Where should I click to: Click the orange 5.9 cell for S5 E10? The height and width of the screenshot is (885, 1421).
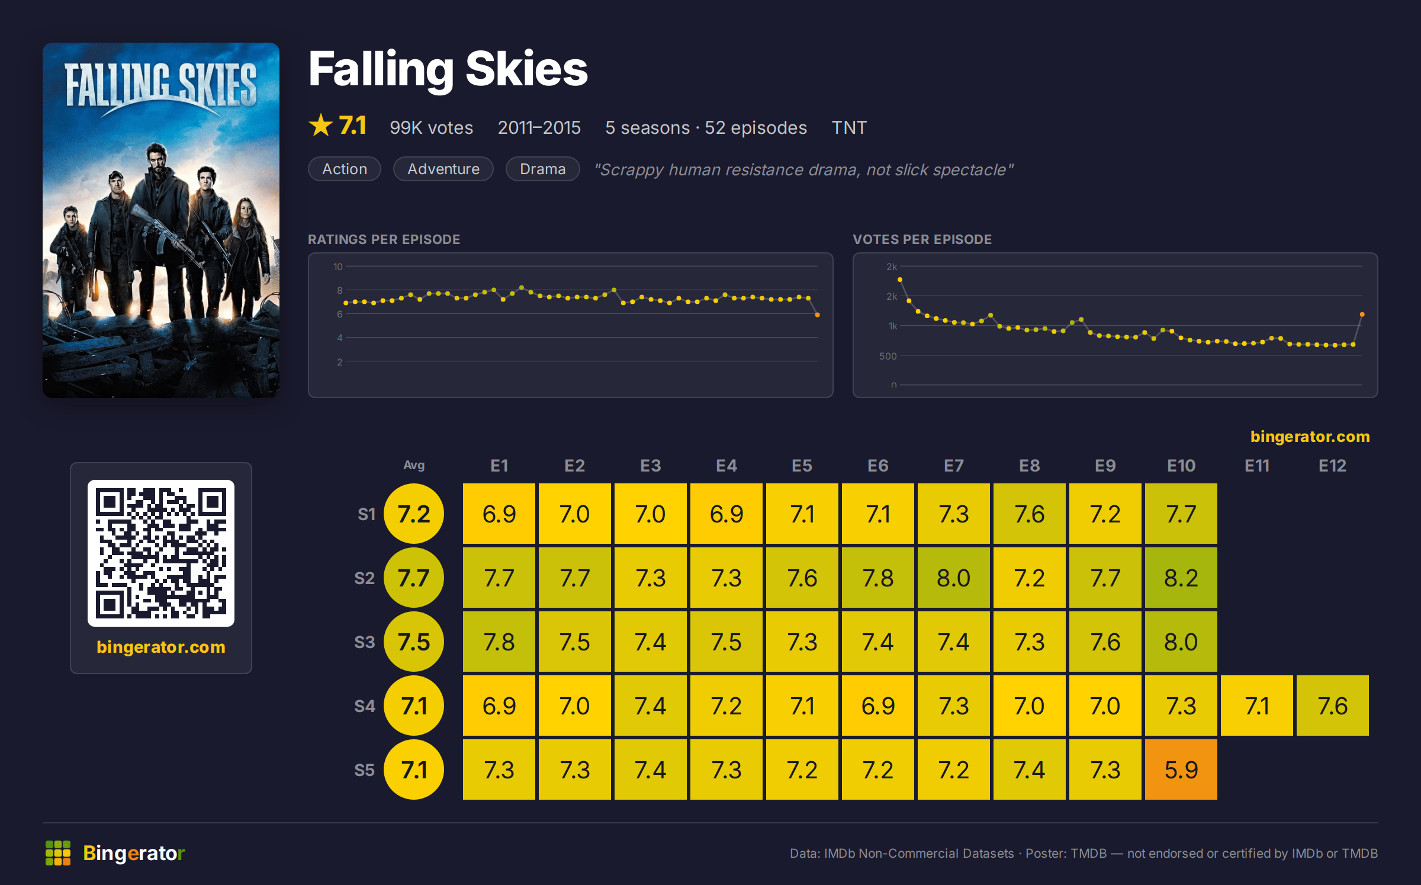pos(1181,769)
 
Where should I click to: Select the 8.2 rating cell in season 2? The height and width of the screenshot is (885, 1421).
pos(1181,578)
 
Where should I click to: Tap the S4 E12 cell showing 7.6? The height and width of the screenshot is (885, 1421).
pos(1332,706)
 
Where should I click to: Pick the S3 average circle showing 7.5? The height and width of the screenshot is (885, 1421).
pos(414,642)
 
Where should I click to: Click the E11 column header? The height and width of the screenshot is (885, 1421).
pos(1256,466)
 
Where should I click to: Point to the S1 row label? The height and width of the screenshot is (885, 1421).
pos(366,514)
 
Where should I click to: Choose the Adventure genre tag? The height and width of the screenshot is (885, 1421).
pos(443,169)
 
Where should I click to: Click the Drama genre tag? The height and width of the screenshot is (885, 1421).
pos(542,169)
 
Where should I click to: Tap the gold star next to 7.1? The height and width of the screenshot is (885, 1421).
pos(321,125)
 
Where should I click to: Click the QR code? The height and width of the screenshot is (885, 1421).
pos(161,553)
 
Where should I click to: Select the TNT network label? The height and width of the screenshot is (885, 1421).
pos(849,127)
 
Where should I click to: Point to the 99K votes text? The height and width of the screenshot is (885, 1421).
pos(431,127)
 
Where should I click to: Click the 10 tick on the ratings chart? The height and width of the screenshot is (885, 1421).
pos(337,267)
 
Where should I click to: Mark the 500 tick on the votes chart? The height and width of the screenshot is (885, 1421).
pos(888,356)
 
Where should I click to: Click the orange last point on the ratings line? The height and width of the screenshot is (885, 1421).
pos(818,315)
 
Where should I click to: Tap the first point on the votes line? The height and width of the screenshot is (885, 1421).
pos(900,280)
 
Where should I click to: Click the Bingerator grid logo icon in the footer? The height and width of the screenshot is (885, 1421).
pos(58,853)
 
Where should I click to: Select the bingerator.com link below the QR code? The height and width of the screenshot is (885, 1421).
pos(161,646)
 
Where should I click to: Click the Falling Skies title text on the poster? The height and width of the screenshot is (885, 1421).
pos(161,86)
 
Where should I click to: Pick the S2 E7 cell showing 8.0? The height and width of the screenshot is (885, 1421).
pos(953,578)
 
